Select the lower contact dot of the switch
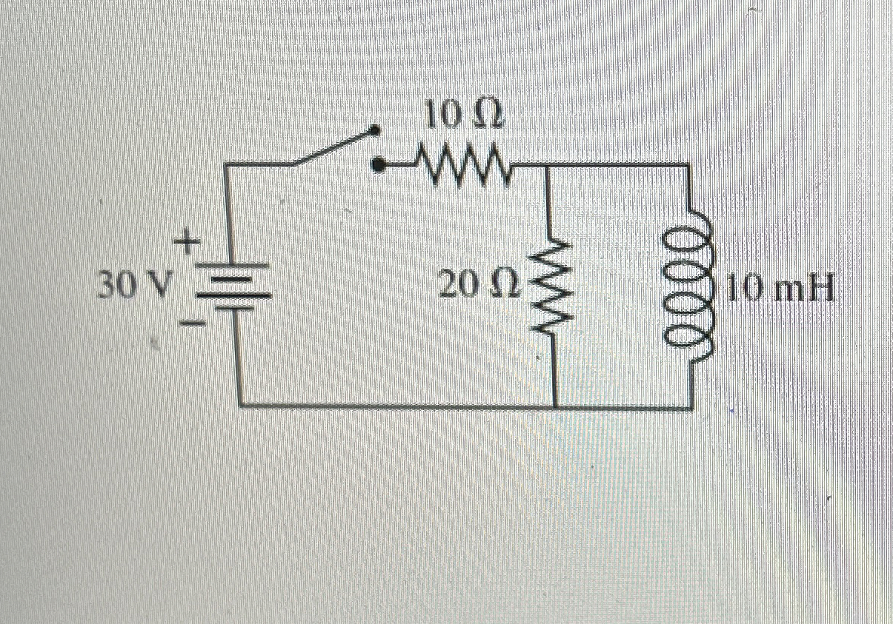(x=379, y=166)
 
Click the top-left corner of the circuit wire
(x=225, y=165)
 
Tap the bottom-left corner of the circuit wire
(x=241, y=406)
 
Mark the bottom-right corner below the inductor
(x=692, y=406)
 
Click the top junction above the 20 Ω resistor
(x=548, y=165)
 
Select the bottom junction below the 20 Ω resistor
(x=555, y=406)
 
